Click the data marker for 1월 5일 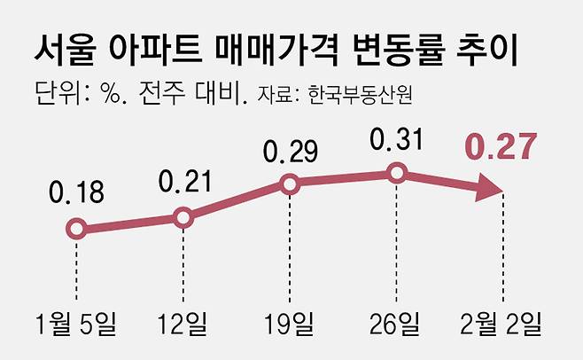(x=76, y=230)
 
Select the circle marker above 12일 (x=183, y=216)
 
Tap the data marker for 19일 (x=290, y=184)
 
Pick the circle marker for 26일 (x=397, y=173)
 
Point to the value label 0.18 (x=76, y=192)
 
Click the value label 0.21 (x=183, y=181)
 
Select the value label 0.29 (x=290, y=150)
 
